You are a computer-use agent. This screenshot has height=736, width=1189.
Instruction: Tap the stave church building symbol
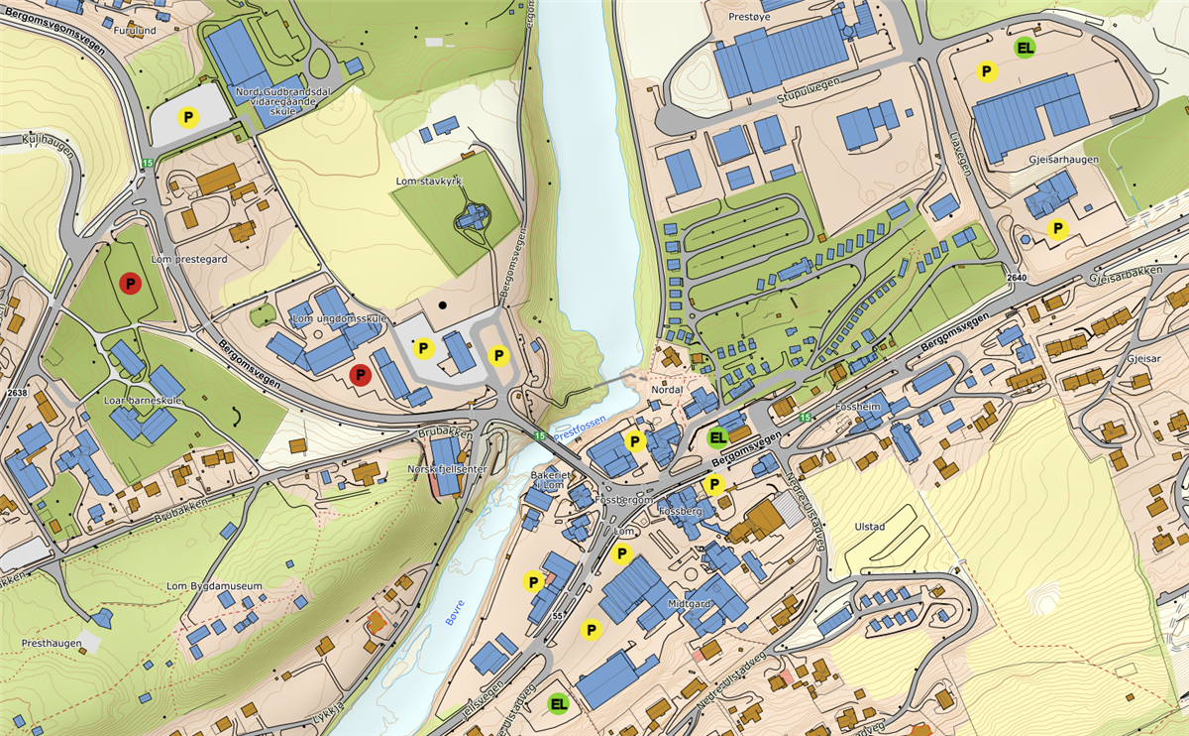click(472, 217)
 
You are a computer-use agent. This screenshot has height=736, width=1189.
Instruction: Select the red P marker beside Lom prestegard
click(130, 283)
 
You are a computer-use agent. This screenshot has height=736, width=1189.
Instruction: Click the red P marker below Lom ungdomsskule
click(361, 374)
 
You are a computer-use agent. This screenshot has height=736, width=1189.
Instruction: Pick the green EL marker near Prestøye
click(1026, 47)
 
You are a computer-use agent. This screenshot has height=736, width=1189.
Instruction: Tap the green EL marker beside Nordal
click(718, 436)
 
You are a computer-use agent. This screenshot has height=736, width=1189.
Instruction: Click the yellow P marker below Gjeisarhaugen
click(1058, 230)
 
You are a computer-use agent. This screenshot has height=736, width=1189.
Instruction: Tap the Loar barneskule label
click(144, 401)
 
